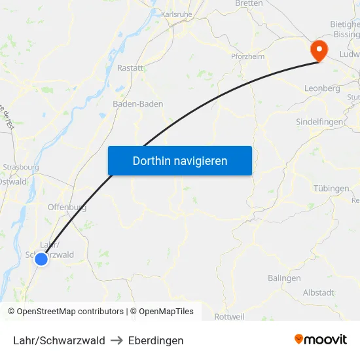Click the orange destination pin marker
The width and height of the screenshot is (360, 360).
point(319,50)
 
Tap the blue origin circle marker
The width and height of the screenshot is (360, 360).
point(41,259)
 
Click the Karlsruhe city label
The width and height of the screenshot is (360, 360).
point(176,14)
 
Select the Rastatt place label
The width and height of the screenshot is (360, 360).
point(130,67)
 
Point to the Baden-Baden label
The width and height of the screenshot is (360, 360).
point(137,103)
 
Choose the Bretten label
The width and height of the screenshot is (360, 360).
point(249,3)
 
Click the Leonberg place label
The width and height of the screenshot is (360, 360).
point(322,88)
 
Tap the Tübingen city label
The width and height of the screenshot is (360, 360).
point(331,189)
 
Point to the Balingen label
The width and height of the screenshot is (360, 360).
point(284,278)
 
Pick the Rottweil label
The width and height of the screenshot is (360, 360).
point(229,317)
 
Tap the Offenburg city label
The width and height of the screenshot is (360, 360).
point(67,207)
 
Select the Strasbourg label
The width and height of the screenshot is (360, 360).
point(21,167)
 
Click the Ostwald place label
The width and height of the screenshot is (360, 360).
point(13,181)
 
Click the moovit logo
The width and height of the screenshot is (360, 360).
point(321,340)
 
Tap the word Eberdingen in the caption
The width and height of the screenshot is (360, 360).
point(156,340)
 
